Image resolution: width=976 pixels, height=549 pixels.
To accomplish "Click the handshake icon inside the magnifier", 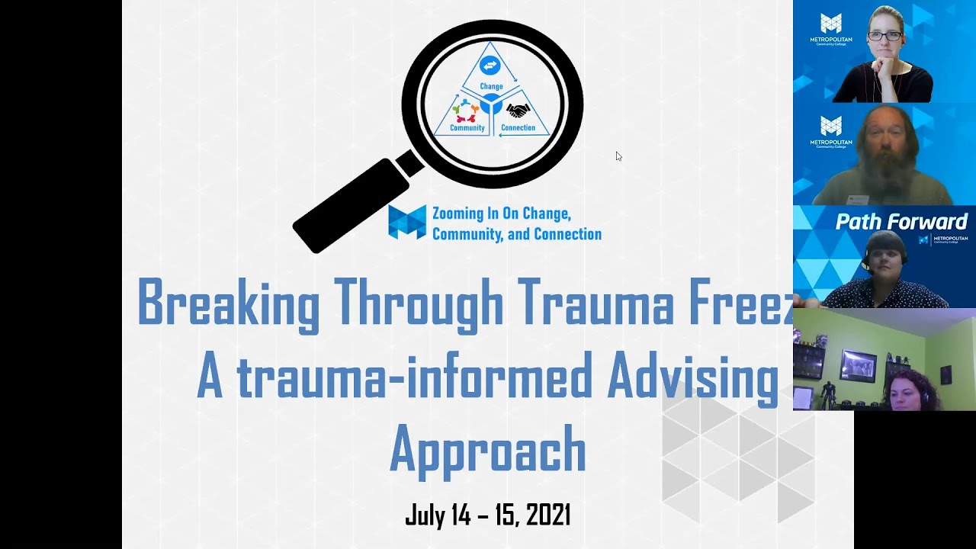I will (x=518, y=111).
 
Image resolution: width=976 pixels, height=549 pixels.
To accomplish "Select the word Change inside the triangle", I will (x=491, y=87).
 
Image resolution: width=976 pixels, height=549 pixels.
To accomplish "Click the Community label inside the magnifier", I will (x=467, y=128).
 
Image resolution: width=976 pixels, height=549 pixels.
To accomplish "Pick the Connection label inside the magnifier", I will (x=518, y=128).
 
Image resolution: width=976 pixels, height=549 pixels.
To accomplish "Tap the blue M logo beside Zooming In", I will (x=407, y=222).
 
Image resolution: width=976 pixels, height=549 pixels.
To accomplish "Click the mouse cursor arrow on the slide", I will (x=618, y=156).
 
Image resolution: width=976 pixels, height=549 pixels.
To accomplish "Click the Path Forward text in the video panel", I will (x=901, y=222).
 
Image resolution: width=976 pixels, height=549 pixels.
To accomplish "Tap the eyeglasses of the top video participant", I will (x=884, y=36).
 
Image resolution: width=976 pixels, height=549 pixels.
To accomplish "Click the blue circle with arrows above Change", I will (x=490, y=66).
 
